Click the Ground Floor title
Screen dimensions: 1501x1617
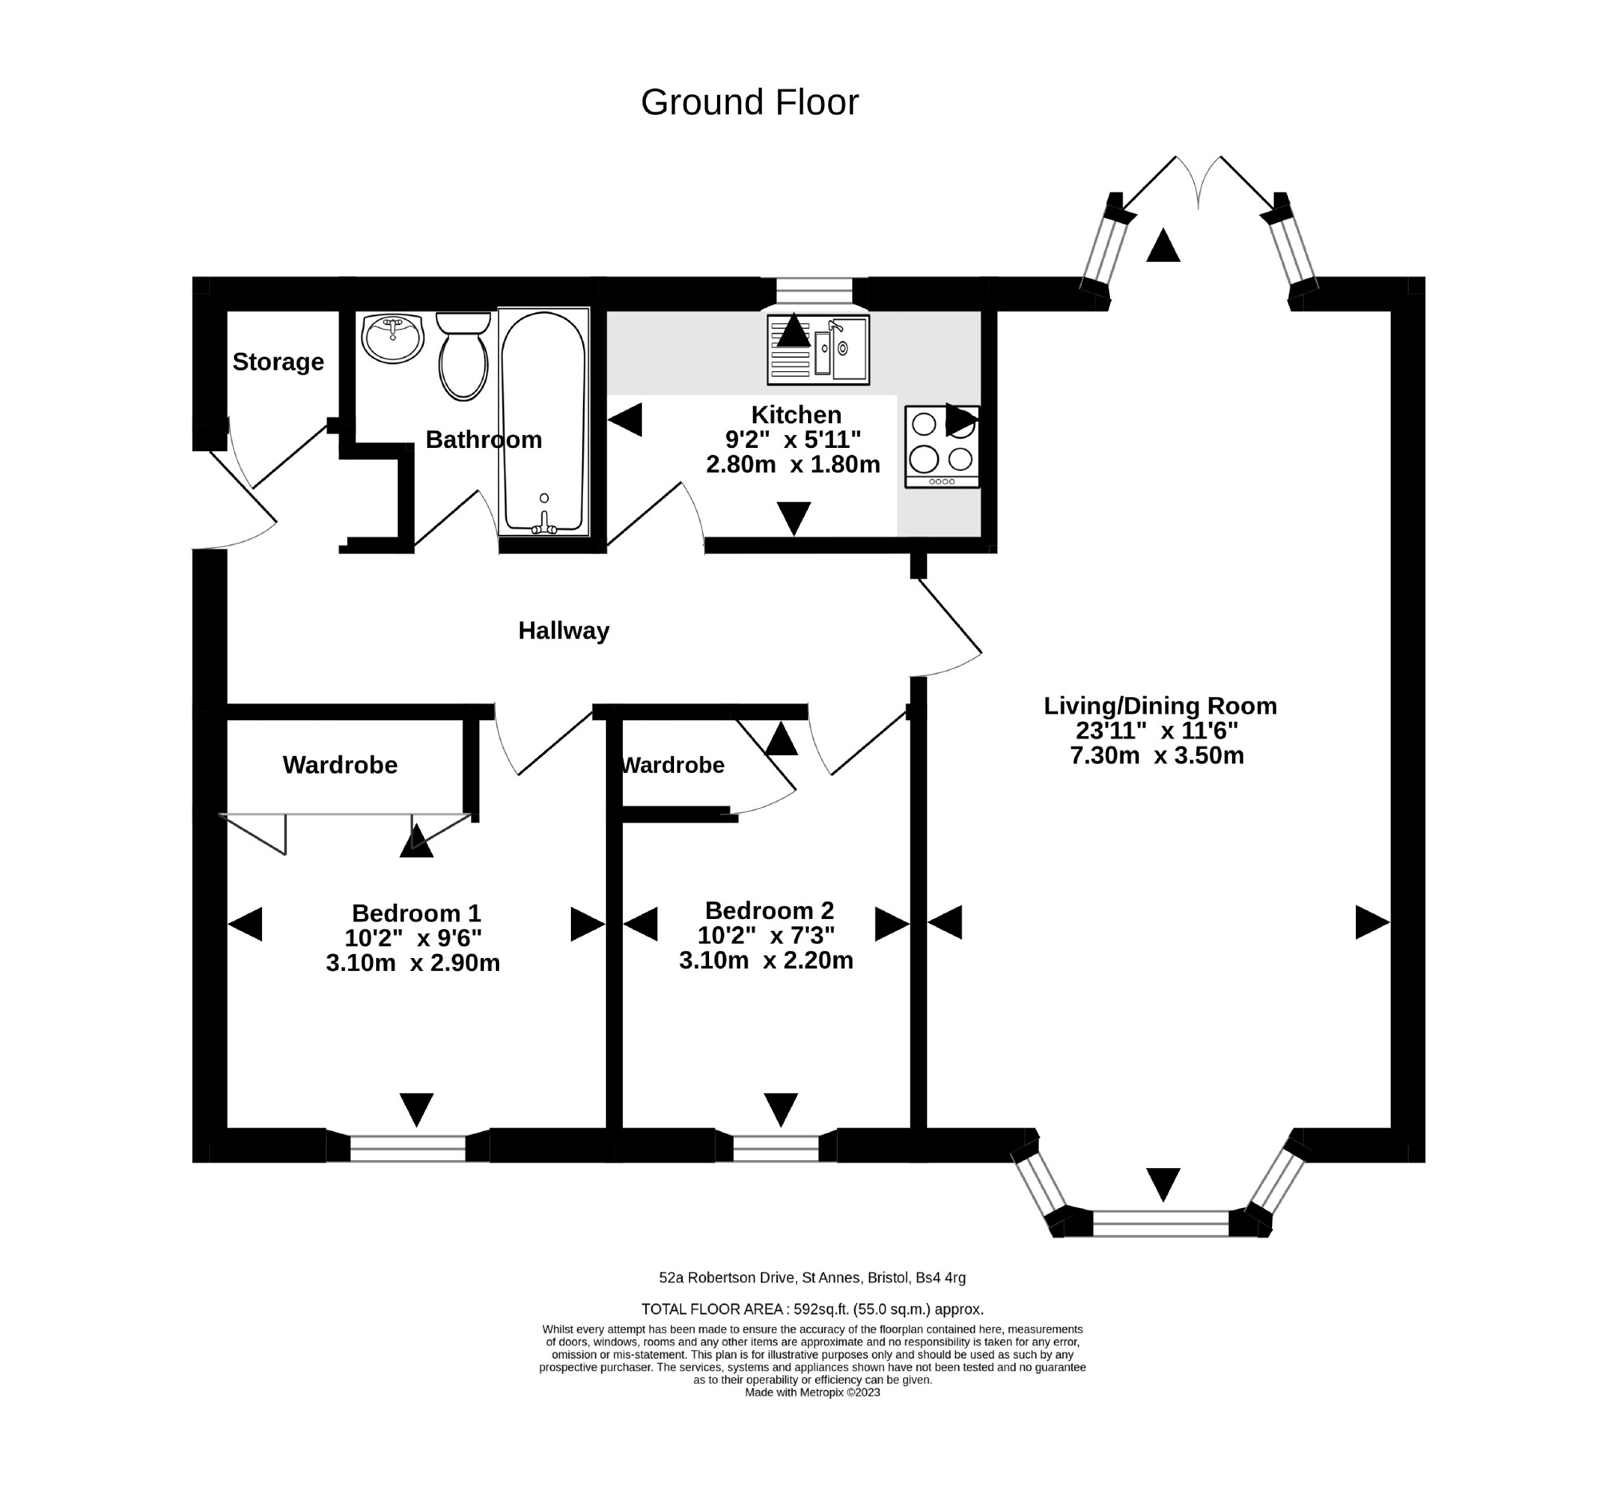(x=749, y=102)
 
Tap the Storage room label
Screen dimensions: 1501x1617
(x=278, y=362)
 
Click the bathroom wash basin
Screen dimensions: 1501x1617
(x=392, y=339)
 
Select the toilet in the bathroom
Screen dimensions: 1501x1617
(x=463, y=358)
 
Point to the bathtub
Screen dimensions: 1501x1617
(x=542, y=421)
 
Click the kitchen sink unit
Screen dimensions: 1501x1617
(x=818, y=349)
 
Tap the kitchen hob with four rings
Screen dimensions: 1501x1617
(x=941, y=446)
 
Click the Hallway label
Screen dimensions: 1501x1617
(x=564, y=630)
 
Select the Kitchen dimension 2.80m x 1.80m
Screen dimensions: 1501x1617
(x=793, y=465)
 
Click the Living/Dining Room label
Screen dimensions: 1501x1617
(x=1159, y=706)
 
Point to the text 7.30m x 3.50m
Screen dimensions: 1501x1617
(x=1156, y=755)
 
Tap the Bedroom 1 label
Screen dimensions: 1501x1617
(x=416, y=913)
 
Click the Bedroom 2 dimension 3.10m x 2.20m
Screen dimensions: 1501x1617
(x=766, y=960)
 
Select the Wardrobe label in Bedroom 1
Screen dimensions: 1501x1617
(x=339, y=765)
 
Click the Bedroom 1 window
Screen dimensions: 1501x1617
(x=408, y=1147)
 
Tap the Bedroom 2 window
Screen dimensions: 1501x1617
(x=775, y=1147)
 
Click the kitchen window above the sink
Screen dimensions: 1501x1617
(x=814, y=291)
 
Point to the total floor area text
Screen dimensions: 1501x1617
(x=811, y=1309)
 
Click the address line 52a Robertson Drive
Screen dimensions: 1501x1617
(x=811, y=1277)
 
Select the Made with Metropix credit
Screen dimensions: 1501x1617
(x=811, y=1392)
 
